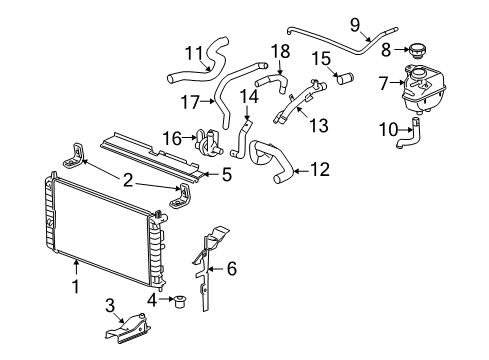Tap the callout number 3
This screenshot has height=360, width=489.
[110, 306]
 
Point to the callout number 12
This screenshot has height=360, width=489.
[318, 171]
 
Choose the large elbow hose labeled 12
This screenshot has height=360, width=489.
[273, 160]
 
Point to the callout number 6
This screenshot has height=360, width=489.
[232, 268]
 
